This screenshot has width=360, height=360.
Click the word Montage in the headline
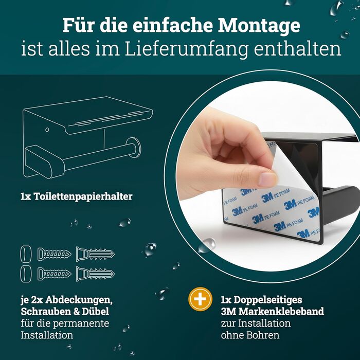point(259,26)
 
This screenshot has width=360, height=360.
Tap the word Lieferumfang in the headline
point(187,49)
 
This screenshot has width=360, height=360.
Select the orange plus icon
point(200,299)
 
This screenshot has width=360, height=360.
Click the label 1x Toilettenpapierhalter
point(77,196)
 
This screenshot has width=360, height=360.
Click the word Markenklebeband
point(281,311)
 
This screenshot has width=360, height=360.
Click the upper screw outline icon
point(54,254)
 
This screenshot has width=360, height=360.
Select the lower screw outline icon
point(54,274)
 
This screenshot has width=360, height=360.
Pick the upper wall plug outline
point(95,254)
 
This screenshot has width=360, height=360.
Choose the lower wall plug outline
point(95,274)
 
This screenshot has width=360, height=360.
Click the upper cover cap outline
point(26,254)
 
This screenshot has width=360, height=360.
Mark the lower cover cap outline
point(26,274)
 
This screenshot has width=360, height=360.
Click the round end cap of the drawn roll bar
point(134,148)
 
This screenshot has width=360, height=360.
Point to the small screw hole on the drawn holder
point(47,130)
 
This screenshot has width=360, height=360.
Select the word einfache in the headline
point(172,26)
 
